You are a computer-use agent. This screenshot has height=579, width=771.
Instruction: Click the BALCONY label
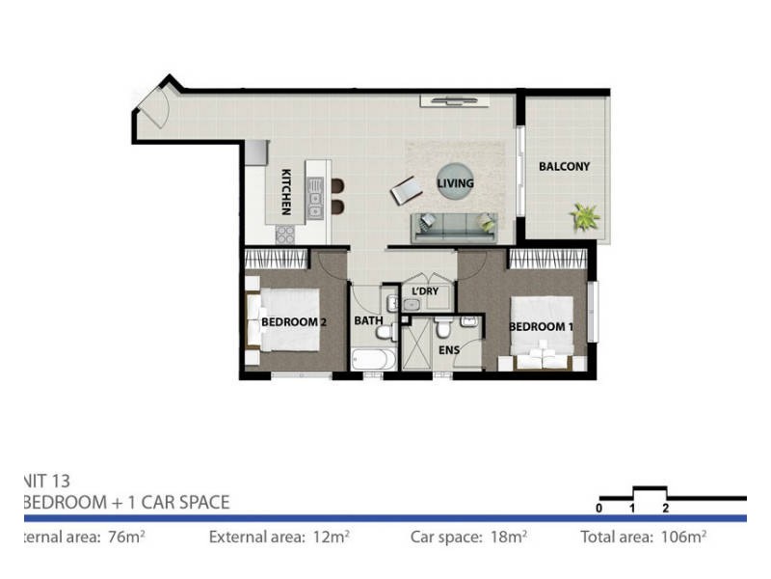pyautogui.click(x=564, y=167)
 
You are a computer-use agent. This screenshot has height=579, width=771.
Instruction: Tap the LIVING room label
pyautogui.click(x=455, y=183)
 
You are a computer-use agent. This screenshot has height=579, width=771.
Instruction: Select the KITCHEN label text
pyautogui.click(x=286, y=192)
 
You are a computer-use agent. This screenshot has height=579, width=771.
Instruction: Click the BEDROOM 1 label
pyautogui.click(x=541, y=326)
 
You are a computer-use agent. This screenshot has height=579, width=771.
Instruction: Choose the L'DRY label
pyautogui.click(x=425, y=290)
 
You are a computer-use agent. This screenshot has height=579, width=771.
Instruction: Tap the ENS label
pyautogui.click(x=450, y=351)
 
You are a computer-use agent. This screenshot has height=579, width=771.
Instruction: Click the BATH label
pyautogui.click(x=367, y=320)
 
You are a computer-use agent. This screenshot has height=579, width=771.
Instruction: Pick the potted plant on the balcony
pyautogui.click(x=584, y=216)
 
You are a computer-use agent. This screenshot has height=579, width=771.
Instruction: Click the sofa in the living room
pyautogui.click(x=453, y=228)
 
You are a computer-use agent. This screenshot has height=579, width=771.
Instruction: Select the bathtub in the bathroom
pyautogui.click(x=371, y=360)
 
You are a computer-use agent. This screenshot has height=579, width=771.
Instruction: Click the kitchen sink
pyautogui.click(x=314, y=200)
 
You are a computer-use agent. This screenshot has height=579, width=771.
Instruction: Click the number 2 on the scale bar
pyautogui.click(x=665, y=508)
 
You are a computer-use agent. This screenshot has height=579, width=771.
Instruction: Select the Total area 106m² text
pyautogui.click(x=644, y=537)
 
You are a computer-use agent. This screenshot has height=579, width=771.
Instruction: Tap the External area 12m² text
pyautogui.click(x=279, y=537)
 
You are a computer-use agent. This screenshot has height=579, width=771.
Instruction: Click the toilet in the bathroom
pyautogui.click(x=384, y=333)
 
